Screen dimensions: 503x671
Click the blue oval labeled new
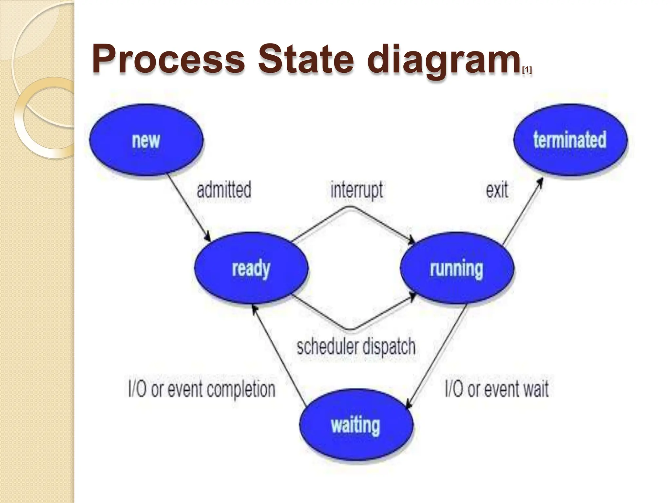[146, 140]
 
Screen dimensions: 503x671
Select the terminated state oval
[570, 140]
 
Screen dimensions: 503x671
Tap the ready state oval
[251, 268]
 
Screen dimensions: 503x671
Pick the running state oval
[457, 268]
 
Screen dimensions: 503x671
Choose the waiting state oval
[356, 425]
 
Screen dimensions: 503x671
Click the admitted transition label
[224, 190]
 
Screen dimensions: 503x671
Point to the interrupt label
[356, 190]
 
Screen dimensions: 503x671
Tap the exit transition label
[497, 190]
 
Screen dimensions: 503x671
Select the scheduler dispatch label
[356, 347]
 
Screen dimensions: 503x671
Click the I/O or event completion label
[201, 389]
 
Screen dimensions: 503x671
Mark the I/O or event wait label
[497, 389]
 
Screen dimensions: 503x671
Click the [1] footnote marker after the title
[527, 70]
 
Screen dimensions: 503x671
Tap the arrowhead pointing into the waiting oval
[409, 405]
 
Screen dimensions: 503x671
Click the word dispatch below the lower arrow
[389, 347]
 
